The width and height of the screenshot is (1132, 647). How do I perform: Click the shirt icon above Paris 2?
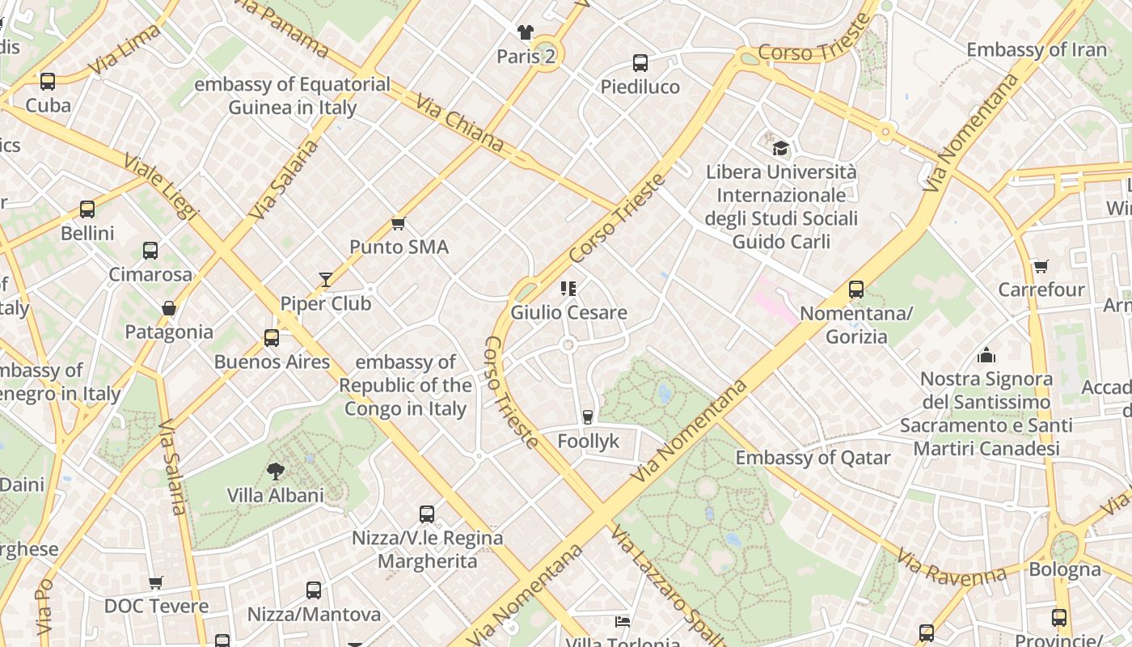click(526, 32)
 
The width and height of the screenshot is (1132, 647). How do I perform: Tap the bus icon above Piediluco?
click(640, 62)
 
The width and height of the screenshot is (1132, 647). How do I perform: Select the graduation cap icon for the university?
click(780, 148)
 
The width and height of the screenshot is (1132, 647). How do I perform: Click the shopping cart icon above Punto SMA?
click(397, 223)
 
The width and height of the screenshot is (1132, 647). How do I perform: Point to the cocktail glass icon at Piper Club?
click(326, 280)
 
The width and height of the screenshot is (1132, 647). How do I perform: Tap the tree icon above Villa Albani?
click(276, 472)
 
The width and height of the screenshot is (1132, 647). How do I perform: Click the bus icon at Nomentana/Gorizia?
click(856, 289)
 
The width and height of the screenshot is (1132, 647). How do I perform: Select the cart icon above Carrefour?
click(1041, 266)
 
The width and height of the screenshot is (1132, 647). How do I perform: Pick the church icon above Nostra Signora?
click(986, 355)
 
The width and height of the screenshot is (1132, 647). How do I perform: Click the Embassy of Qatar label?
click(813, 458)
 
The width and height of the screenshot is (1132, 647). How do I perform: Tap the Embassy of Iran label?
click(1037, 49)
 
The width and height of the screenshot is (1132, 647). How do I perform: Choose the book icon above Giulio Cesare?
click(568, 288)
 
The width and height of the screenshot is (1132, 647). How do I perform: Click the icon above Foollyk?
click(588, 417)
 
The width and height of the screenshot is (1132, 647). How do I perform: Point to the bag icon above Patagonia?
click(169, 308)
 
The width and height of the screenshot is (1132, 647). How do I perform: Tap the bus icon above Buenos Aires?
click(272, 338)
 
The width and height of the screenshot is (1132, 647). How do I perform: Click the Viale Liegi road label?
click(161, 185)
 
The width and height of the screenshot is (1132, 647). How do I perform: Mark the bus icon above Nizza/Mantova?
click(314, 590)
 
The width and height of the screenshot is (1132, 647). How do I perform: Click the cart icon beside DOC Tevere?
click(156, 583)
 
